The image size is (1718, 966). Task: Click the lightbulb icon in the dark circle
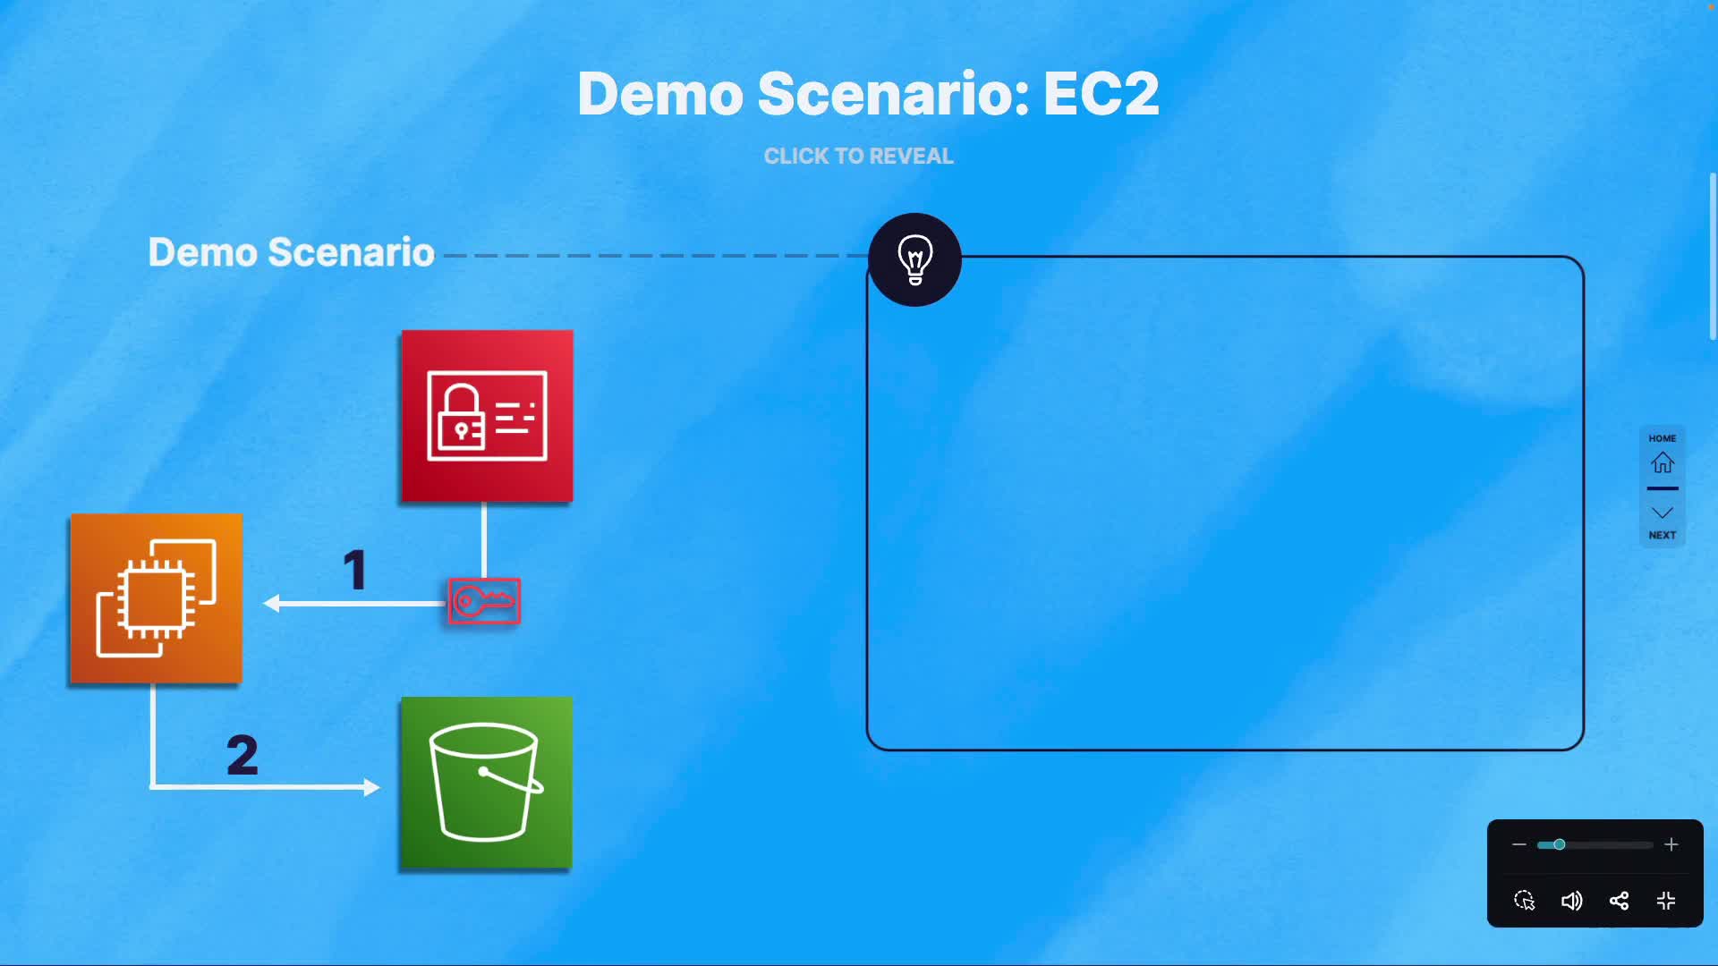tap(914, 259)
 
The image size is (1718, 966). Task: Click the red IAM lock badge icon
tap(487, 416)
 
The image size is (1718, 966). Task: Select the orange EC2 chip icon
tap(156, 598)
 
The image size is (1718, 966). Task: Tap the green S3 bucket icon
tap(486, 782)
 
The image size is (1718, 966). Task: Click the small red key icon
tap(484, 601)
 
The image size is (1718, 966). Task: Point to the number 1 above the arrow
tap(355, 570)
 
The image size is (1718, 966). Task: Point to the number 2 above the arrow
tap(242, 755)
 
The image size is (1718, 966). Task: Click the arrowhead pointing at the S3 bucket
tap(371, 787)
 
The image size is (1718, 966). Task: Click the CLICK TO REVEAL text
tap(858, 156)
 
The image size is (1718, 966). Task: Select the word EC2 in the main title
tap(1101, 93)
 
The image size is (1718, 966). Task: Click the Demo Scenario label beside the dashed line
tap(291, 252)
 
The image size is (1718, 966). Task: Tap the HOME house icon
tap(1662, 462)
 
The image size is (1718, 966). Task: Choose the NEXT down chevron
tap(1662, 513)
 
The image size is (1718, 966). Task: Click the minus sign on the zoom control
tap(1518, 844)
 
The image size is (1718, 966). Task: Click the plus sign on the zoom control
tap(1671, 844)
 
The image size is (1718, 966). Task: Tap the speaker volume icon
tap(1571, 901)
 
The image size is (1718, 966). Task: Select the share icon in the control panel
tap(1619, 901)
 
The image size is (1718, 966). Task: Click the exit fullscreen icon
tap(1665, 901)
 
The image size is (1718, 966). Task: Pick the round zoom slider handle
tap(1559, 844)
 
